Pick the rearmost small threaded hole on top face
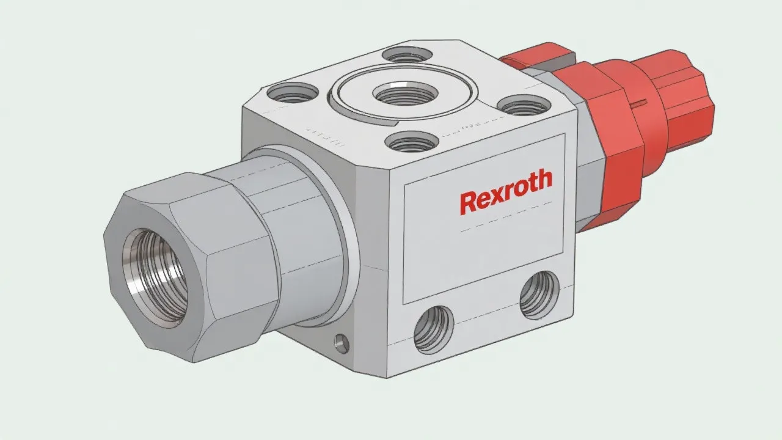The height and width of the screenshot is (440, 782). (x=405, y=54)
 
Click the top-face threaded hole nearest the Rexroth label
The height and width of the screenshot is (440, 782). (x=412, y=142)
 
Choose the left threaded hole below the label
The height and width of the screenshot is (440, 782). (x=434, y=329)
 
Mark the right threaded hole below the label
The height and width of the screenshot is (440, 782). (x=539, y=294)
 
